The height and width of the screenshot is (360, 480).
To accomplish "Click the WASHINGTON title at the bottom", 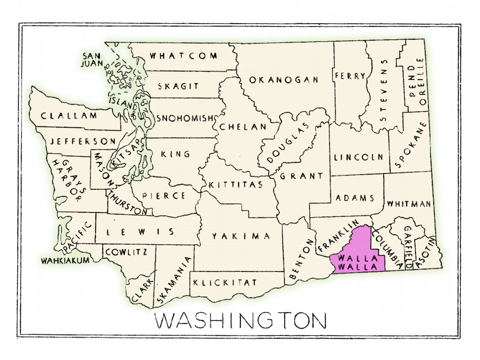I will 240,321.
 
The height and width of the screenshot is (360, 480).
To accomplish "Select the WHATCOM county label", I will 183,56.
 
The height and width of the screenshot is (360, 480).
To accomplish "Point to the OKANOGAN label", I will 284,80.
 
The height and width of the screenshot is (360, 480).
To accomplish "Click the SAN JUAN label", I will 92,60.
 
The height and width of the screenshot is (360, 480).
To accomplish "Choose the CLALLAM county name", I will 69,116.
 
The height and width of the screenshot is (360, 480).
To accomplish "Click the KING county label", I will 176,154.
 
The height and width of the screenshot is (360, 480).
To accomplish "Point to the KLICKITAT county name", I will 225,283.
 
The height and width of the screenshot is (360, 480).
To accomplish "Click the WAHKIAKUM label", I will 65,260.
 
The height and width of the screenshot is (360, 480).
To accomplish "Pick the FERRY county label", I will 350,76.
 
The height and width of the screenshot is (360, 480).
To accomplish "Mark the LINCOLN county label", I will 359,157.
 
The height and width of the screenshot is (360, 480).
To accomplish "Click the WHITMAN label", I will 409,204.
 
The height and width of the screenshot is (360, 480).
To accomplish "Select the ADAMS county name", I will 355,198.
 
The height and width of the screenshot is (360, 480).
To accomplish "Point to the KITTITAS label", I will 235,185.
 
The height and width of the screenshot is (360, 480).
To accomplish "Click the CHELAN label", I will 243,127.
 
